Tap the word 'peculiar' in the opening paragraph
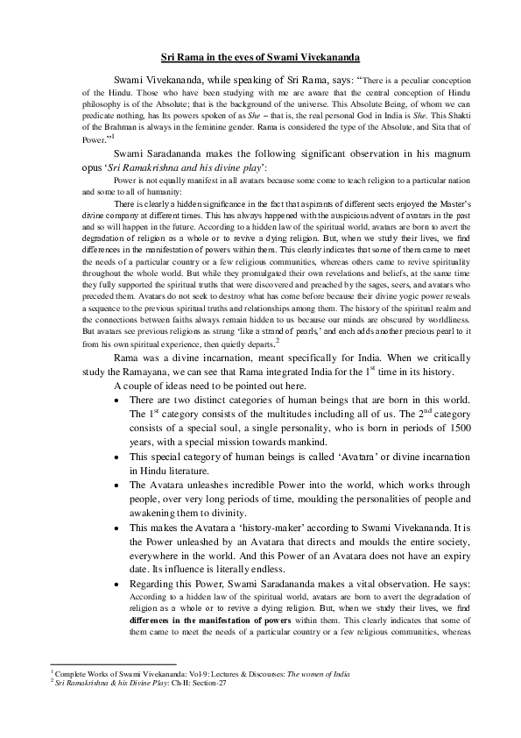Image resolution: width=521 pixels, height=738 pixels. coord(394,77)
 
